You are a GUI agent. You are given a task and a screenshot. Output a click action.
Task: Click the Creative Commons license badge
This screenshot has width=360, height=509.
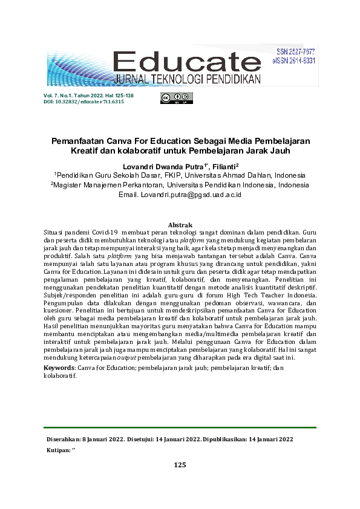(x=176, y=98)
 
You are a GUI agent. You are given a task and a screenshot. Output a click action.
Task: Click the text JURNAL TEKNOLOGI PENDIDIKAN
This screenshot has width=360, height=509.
(x=187, y=80)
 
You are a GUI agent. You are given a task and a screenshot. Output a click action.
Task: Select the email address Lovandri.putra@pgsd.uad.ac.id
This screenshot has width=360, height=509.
(x=191, y=195)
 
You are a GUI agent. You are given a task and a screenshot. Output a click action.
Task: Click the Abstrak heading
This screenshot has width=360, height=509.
(x=180, y=225)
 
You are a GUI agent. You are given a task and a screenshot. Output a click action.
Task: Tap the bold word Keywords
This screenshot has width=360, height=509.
(x=60, y=367)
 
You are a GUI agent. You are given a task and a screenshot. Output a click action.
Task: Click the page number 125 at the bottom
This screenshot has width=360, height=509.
(x=180, y=465)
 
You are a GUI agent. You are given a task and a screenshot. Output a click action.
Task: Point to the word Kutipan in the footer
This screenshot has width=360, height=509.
(x=58, y=450)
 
